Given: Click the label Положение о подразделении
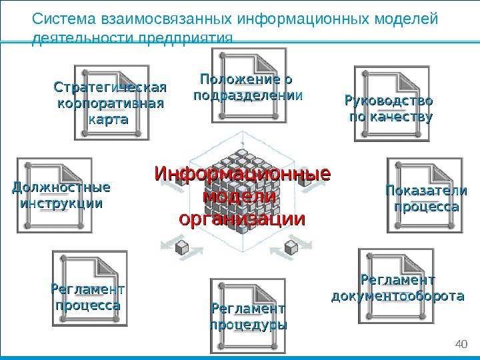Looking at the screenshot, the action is click(247, 87).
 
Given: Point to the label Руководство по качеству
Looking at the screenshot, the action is click(387, 109).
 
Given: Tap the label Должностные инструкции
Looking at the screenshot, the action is click(61, 194).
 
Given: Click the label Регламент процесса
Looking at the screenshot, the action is click(87, 297).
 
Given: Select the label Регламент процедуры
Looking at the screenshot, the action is click(248, 317).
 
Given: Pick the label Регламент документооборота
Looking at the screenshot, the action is click(397, 287).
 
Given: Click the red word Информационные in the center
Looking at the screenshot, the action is click(242, 174).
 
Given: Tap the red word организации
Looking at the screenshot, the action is click(242, 219).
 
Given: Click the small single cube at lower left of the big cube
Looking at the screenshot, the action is click(181, 249).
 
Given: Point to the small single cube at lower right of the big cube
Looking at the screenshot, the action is click(291, 249).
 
